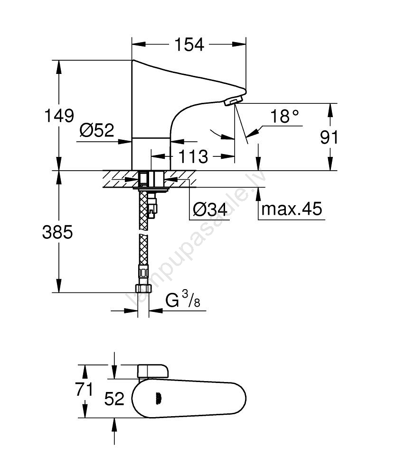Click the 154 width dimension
(189, 45)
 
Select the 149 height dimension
(59, 116)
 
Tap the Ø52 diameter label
(96, 130)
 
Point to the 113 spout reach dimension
(193, 156)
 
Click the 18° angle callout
(284, 116)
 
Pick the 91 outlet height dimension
(329, 137)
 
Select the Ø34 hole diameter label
(210, 209)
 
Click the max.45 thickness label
(292, 209)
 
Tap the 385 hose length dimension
(57, 232)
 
